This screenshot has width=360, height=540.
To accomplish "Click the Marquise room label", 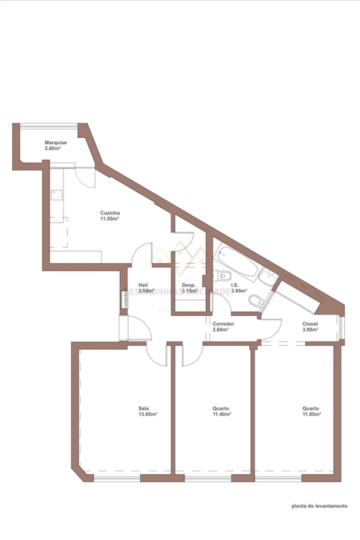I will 56,143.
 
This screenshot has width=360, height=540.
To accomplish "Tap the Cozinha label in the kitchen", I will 110,213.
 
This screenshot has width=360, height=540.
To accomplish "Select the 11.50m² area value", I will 110,219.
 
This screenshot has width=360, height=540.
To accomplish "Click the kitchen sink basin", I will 56,194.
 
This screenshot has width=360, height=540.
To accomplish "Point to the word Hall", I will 143,285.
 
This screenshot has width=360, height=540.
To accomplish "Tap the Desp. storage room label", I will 189,285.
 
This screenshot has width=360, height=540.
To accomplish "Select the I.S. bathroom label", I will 235,285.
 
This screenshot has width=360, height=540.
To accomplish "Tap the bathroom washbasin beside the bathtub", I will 266,276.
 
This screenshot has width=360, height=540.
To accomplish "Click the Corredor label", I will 223,324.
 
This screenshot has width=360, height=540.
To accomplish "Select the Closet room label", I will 310,324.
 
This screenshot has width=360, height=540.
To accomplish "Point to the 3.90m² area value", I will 310,330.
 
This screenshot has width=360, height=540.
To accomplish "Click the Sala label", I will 144,408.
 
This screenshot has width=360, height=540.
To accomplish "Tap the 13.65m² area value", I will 148,414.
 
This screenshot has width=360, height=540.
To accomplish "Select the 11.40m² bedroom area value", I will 222,414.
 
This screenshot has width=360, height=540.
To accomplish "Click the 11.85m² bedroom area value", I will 312,414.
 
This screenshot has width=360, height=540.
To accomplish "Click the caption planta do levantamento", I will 319,506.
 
